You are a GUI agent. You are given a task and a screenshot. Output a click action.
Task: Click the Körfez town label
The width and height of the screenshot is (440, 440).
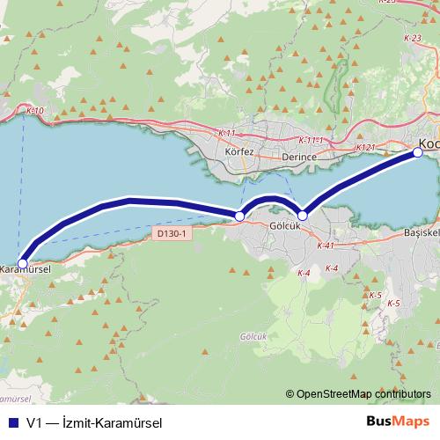(x=239, y=151)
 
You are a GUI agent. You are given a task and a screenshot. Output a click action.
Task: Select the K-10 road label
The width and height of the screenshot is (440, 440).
(x=34, y=111)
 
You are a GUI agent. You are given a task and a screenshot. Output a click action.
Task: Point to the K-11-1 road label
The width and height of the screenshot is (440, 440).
(x=312, y=141)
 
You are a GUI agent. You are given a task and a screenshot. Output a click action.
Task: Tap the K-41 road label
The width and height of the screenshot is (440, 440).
(x=325, y=246)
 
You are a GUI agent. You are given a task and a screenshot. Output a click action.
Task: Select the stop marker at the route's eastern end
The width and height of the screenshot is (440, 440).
(x=418, y=153)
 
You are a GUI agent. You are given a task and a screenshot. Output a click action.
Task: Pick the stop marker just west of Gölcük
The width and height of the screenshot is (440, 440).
(x=239, y=216)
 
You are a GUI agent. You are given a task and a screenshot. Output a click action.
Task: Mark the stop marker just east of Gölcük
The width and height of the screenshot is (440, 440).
(x=303, y=215)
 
